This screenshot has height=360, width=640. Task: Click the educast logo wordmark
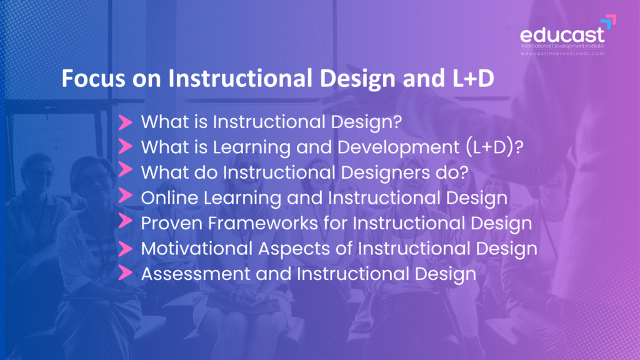[562, 35]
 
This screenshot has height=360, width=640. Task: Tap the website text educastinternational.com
[562, 54]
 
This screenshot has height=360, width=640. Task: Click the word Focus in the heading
[93, 78]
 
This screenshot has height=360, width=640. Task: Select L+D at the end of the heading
[473, 78]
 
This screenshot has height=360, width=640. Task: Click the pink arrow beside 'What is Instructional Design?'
[125, 122]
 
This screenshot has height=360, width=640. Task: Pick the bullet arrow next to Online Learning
[125, 196]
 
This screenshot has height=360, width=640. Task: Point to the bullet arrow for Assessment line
[125, 272]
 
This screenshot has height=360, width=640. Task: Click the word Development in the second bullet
[398, 147]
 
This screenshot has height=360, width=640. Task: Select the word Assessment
[196, 274]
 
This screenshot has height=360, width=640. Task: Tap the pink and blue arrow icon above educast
[608, 22]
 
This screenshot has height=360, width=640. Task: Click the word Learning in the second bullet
[251, 147]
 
